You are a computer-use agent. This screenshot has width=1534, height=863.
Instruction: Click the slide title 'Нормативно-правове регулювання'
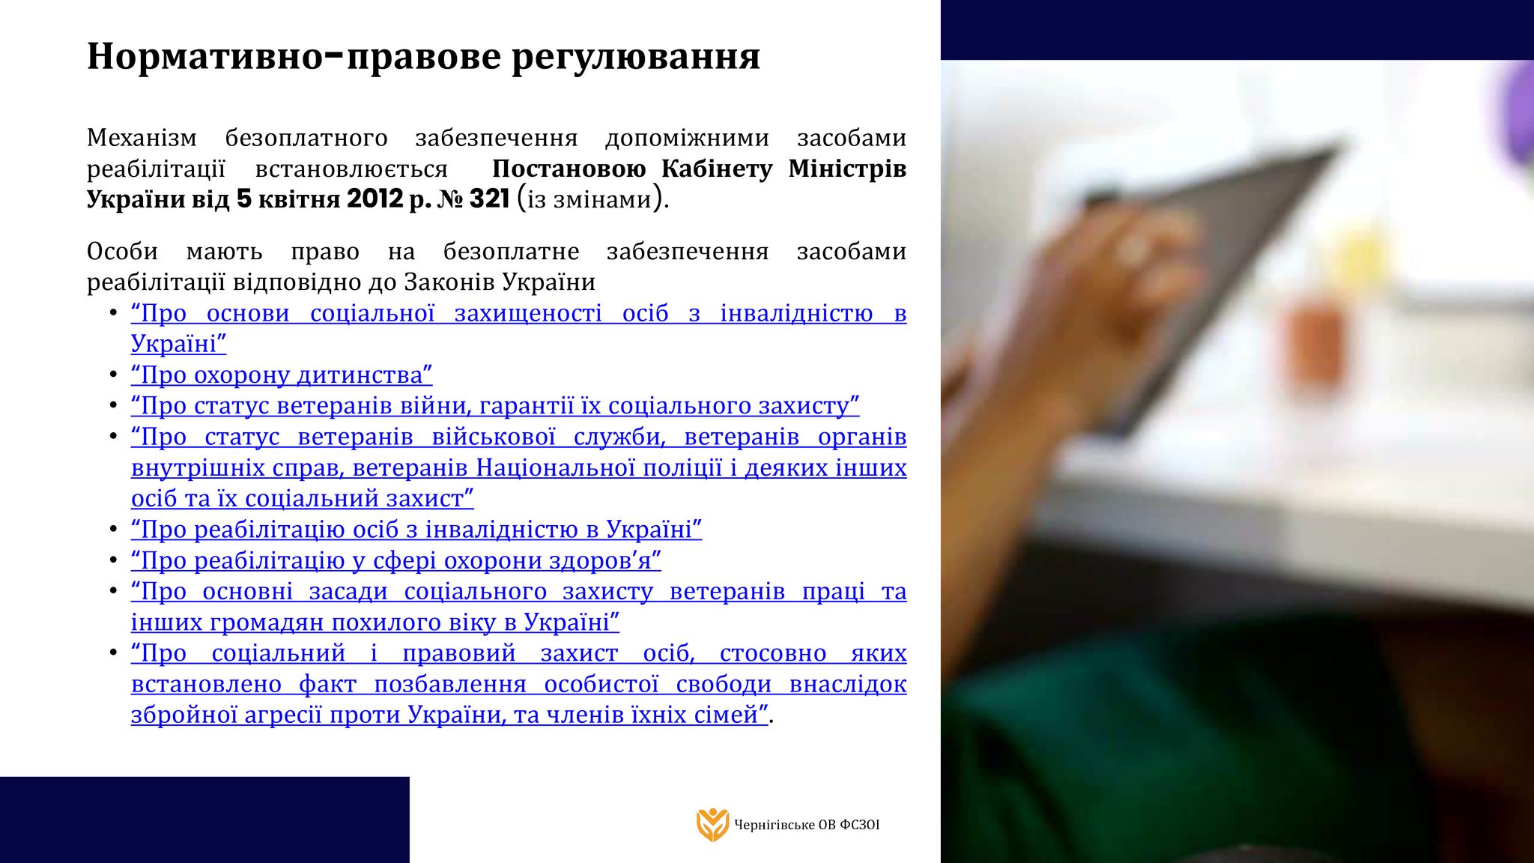(423, 57)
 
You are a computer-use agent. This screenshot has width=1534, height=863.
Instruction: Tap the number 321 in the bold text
(489, 199)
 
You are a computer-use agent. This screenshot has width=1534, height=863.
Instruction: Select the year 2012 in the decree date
(375, 199)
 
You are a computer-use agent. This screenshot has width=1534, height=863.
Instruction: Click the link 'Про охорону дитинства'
(282, 375)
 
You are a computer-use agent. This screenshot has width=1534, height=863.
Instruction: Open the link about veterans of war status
(495, 405)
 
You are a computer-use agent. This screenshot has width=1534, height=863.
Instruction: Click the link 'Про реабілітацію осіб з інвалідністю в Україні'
(416, 530)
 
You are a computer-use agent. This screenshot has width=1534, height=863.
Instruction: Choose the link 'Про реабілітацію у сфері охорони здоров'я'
(396, 560)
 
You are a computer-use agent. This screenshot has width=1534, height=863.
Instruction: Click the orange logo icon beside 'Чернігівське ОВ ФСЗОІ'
(712, 825)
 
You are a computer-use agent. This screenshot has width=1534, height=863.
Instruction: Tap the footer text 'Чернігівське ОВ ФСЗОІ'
(807, 825)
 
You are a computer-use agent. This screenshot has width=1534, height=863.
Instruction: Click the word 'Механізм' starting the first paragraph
(142, 138)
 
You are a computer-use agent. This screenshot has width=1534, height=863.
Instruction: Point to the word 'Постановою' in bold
(569, 169)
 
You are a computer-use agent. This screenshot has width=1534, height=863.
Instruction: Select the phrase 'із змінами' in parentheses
(589, 200)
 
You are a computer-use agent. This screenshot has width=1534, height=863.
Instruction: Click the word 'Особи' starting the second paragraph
(122, 251)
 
